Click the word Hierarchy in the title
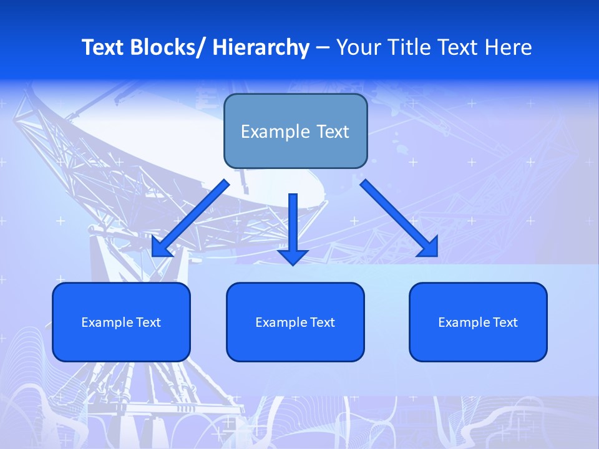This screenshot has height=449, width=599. (261, 47)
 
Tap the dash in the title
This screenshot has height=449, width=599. (323, 47)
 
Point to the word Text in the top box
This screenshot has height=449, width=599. (332, 132)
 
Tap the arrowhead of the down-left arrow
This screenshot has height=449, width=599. (161, 248)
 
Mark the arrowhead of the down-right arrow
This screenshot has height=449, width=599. (429, 248)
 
